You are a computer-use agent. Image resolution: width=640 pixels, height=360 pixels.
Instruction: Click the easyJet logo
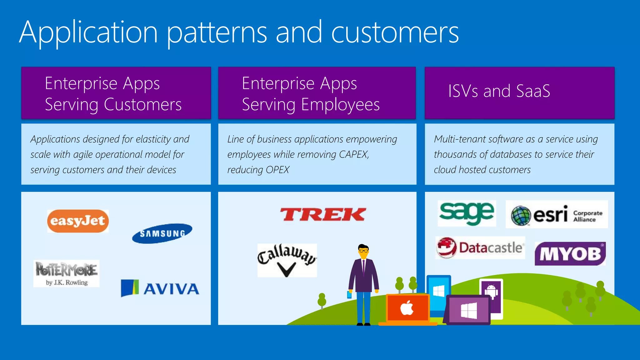click(x=78, y=221)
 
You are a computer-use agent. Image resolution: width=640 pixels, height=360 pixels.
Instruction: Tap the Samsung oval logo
click(x=162, y=233)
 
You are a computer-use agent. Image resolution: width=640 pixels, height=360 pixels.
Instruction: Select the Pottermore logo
click(x=66, y=273)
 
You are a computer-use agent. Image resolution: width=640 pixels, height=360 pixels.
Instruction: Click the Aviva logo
click(x=160, y=288)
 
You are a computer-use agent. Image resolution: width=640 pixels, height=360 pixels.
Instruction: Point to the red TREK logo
click(x=322, y=215)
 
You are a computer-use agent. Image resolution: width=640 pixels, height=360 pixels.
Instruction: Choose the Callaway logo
click(x=287, y=260)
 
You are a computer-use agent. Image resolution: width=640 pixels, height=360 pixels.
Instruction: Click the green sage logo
click(x=467, y=213)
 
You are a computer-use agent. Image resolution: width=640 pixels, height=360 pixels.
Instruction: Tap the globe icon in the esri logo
click(x=521, y=216)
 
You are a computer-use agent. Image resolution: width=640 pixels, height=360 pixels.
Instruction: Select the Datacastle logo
click(x=480, y=247)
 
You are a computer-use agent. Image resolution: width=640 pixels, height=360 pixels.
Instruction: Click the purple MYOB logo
click(x=570, y=254)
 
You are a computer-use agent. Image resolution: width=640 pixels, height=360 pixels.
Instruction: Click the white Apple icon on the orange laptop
click(x=407, y=308)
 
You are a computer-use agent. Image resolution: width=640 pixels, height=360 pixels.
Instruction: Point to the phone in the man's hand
click(x=349, y=294)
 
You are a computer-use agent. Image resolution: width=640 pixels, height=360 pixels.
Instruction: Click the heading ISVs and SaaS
click(x=499, y=91)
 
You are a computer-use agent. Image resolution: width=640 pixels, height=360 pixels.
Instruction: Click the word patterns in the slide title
click(x=217, y=33)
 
